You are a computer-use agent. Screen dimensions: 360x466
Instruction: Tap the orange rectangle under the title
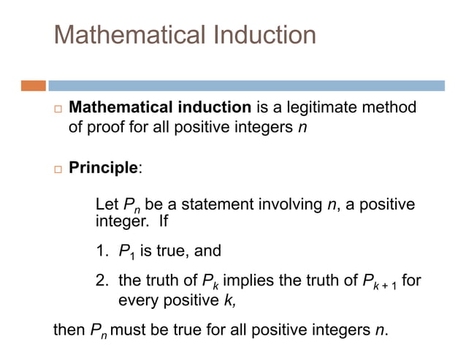click(34, 85)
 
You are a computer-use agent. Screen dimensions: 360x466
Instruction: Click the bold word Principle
click(102, 168)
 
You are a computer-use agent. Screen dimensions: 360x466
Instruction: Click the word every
click(138, 299)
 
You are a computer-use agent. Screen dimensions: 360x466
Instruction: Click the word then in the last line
click(69, 329)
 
